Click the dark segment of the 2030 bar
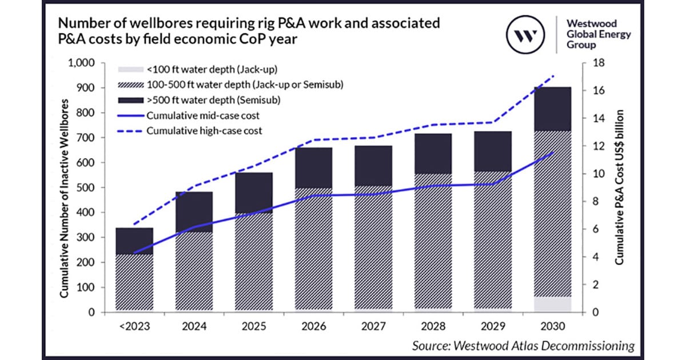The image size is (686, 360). pyautogui.click(x=552, y=109)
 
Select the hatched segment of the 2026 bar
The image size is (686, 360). pyautogui.click(x=313, y=249)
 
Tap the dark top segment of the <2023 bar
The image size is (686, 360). pyautogui.click(x=134, y=241)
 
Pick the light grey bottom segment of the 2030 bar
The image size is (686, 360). pyautogui.click(x=552, y=304)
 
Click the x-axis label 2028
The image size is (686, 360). pyautogui.click(x=433, y=326)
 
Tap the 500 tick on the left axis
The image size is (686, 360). pyautogui.click(x=89, y=187)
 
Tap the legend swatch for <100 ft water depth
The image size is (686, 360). pyautogui.click(x=129, y=70)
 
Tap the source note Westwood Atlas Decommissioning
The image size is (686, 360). pyautogui.click(x=524, y=345)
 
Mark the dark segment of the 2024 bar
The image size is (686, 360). pyautogui.click(x=194, y=211)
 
